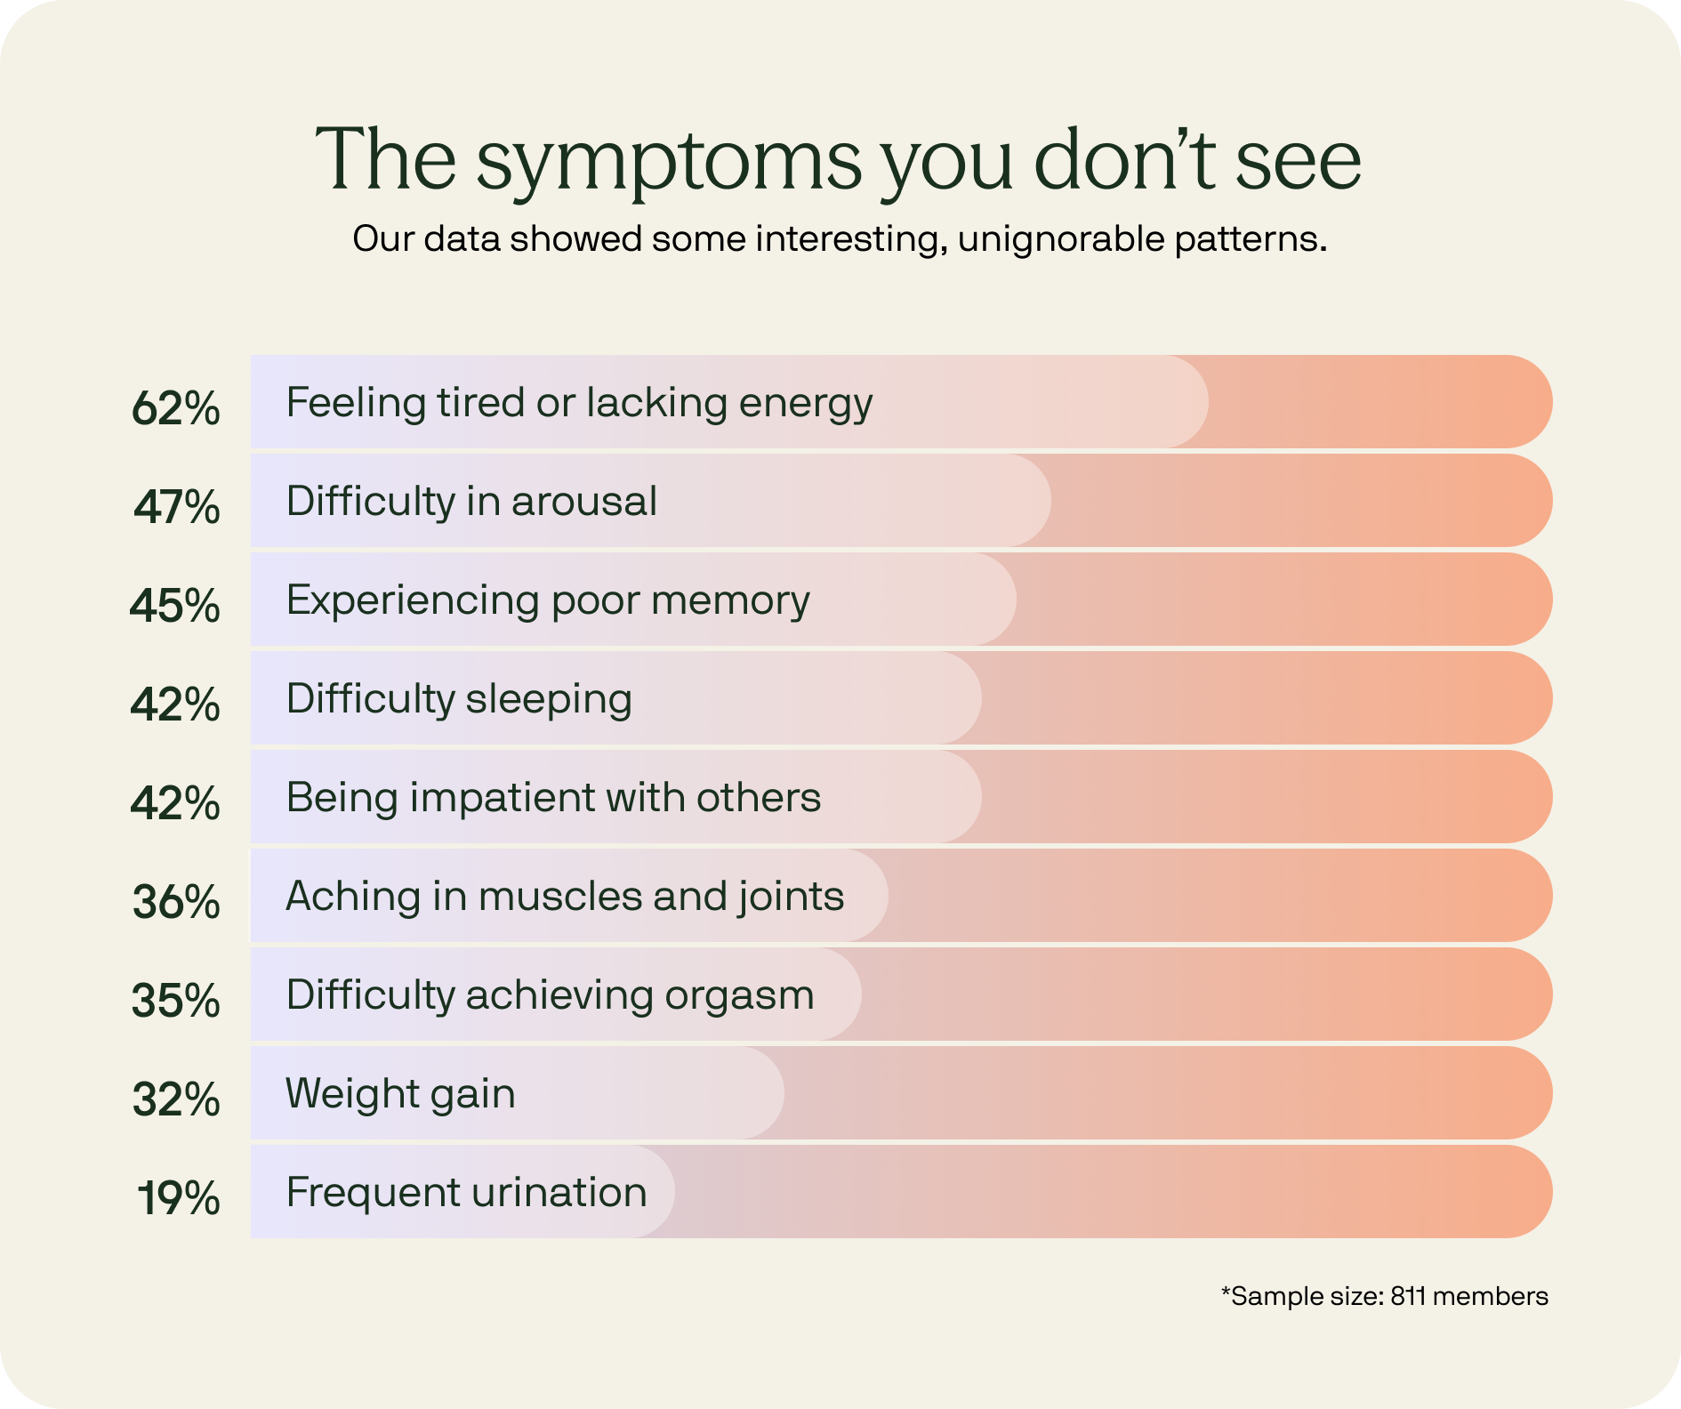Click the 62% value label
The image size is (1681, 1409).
[x=175, y=408]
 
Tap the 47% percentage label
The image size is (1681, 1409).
[x=177, y=507]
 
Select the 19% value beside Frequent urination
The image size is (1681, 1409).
[x=178, y=1197]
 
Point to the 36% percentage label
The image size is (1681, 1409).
[x=176, y=901]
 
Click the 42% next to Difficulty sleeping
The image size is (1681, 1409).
[x=175, y=704]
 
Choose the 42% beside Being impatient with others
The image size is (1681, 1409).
[x=175, y=802]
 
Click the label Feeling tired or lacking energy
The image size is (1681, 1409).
[x=579, y=403]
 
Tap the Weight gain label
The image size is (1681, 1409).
[x=400, y=1093]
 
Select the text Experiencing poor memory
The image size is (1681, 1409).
[x=548, y=600]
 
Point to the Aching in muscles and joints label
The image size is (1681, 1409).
[x=565, y=896]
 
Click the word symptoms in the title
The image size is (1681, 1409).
[x=669, y=162]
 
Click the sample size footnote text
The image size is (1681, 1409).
[x=1384, y=1296]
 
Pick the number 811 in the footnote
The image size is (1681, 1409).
[x=1408, y=1296]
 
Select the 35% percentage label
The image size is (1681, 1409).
[x=175, y=1000]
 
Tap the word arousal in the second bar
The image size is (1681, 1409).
[x=583, y=502]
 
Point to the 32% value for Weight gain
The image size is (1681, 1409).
[x=176, y=1099]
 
